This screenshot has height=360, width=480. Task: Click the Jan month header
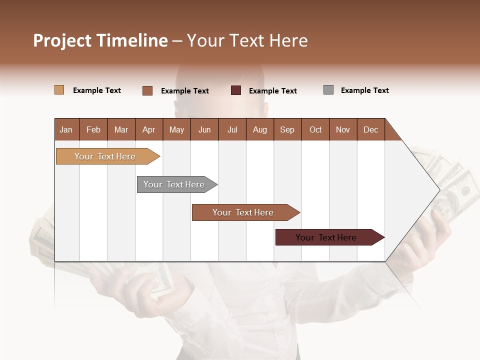coord(66,129)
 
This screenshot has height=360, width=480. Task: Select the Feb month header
coord(93,129)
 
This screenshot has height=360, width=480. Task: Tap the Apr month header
coord(149,129)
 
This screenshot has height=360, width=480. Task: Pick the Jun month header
coord(204,129)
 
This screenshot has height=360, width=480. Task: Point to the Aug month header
coord(260,129)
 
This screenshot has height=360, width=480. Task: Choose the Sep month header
coord(287,129)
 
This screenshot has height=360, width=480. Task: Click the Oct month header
coord(315,129)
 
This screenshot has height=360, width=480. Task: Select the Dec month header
coord(371,129)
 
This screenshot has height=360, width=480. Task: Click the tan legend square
coord(59,90)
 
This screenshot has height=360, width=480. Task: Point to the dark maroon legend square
coord(236,90)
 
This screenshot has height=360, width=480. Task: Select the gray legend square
coord(328,90)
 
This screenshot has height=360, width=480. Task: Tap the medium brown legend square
coord(147,90)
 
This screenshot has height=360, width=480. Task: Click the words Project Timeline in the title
coord(100,40)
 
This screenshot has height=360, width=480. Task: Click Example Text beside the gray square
coord(364,90)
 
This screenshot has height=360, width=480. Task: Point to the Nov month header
coord(343,129)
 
